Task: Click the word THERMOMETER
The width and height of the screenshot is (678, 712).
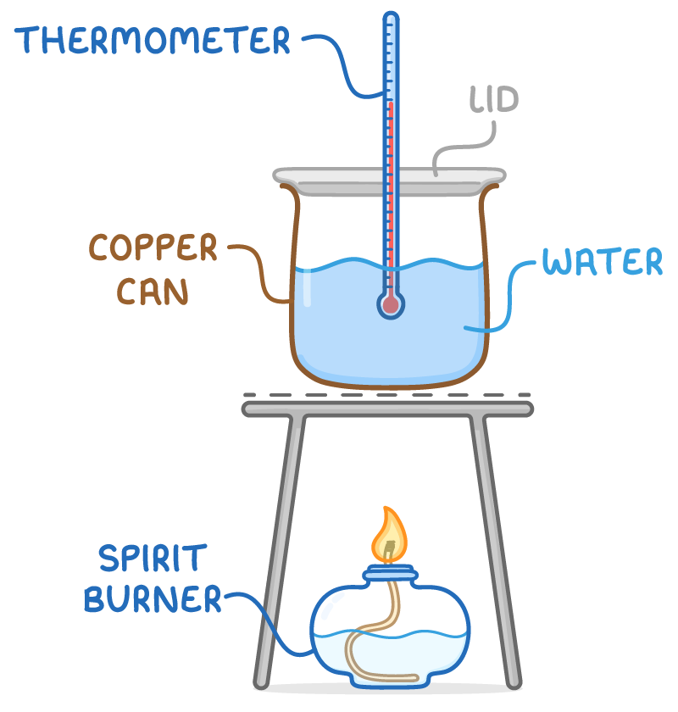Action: point(153,39)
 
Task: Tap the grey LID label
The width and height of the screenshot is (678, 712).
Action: point(494,100)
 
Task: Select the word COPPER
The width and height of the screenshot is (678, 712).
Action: point(153,249)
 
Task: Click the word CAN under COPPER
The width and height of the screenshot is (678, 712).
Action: point(153,291)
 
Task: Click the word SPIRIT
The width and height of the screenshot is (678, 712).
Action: point(152,559)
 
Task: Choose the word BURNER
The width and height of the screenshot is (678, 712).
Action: point(153,600)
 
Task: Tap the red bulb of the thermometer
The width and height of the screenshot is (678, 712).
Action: point(390,305)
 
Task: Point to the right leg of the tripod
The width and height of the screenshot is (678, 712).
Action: point(500,551)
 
